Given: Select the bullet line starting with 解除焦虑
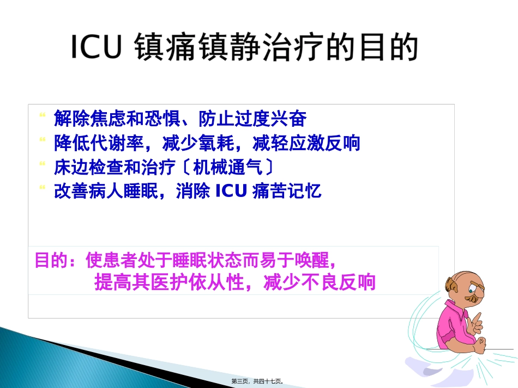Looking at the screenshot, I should coord(180,118).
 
